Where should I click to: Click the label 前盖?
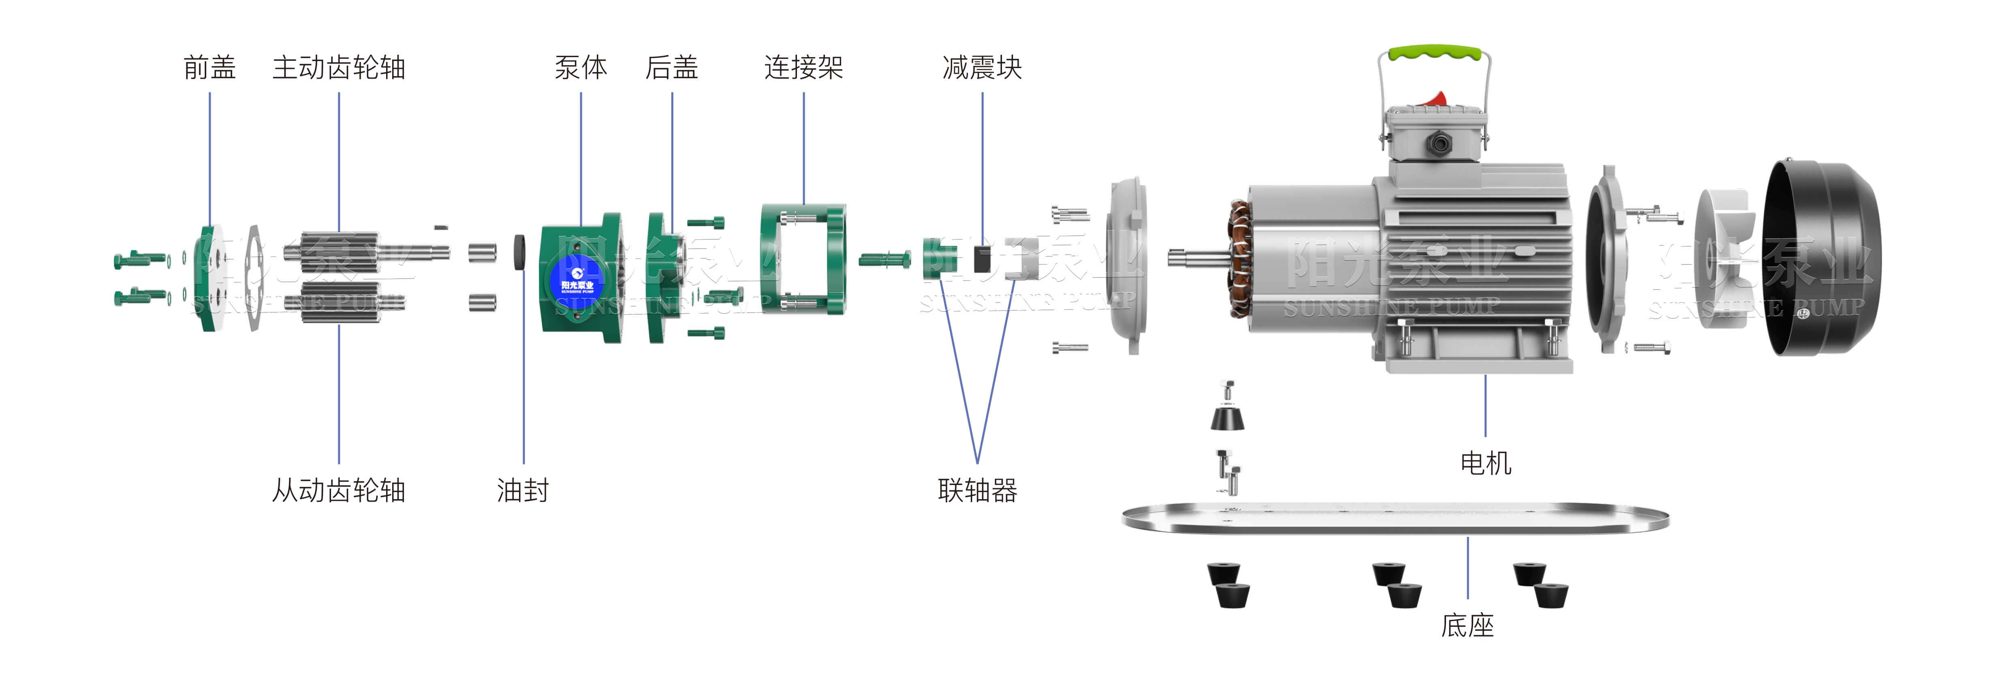209,68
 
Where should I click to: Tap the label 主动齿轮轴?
339,68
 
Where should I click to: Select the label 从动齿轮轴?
339,490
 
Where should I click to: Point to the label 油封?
523,490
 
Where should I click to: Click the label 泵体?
581,68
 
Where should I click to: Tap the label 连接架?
804,68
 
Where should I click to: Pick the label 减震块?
982,68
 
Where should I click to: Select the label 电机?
1485,463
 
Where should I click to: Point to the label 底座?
1467,625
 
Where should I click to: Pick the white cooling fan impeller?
1724,258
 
